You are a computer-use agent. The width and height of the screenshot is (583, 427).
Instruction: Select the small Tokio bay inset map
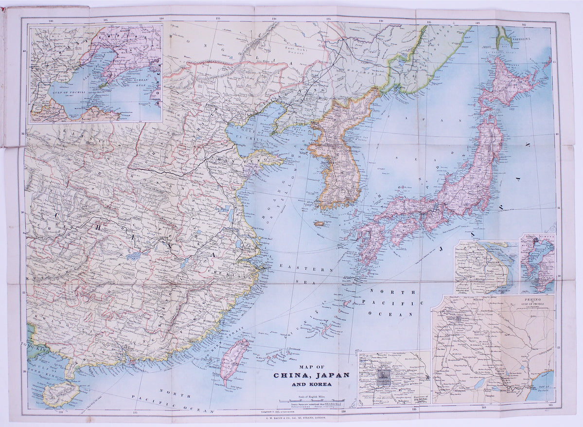tap(537, 263)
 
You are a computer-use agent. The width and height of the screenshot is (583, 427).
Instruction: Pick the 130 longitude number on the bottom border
tap(343, 411)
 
